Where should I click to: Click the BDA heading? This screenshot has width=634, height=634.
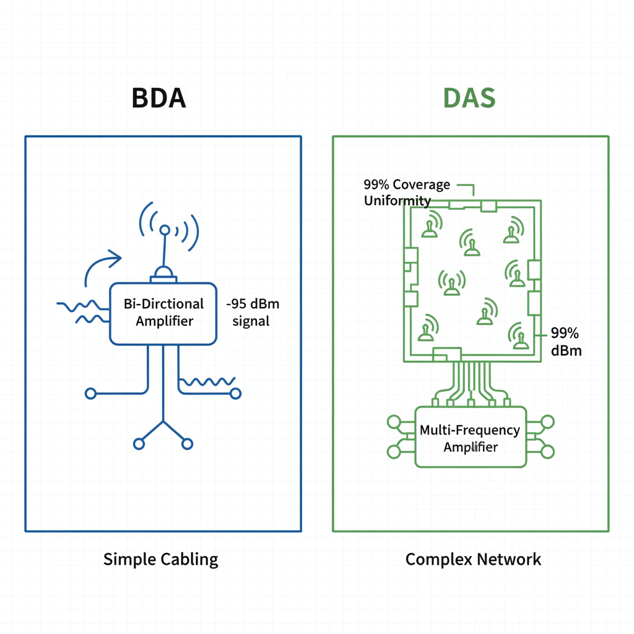click(x=158, y=98)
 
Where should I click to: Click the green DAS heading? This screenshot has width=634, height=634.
click(x=469, y=98)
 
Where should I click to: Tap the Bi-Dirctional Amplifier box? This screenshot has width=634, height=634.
click(x=163, y=313)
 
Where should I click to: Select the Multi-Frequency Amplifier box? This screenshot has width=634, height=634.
click(x=470, y=437)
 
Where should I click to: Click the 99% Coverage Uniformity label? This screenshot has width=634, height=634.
click(x=406, y=193)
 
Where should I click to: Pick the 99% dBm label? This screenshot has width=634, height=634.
click(x=565, y=342)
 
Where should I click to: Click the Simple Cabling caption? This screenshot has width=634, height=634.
click(x=161, y=560)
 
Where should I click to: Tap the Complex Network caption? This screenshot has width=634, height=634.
click(x=473, y=560)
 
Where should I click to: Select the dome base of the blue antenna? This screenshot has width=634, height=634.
click(x=164, y=273)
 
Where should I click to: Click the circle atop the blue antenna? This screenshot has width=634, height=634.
click(x=165, y=230)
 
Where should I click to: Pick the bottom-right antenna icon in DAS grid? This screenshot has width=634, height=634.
click(x=519, y=337)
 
